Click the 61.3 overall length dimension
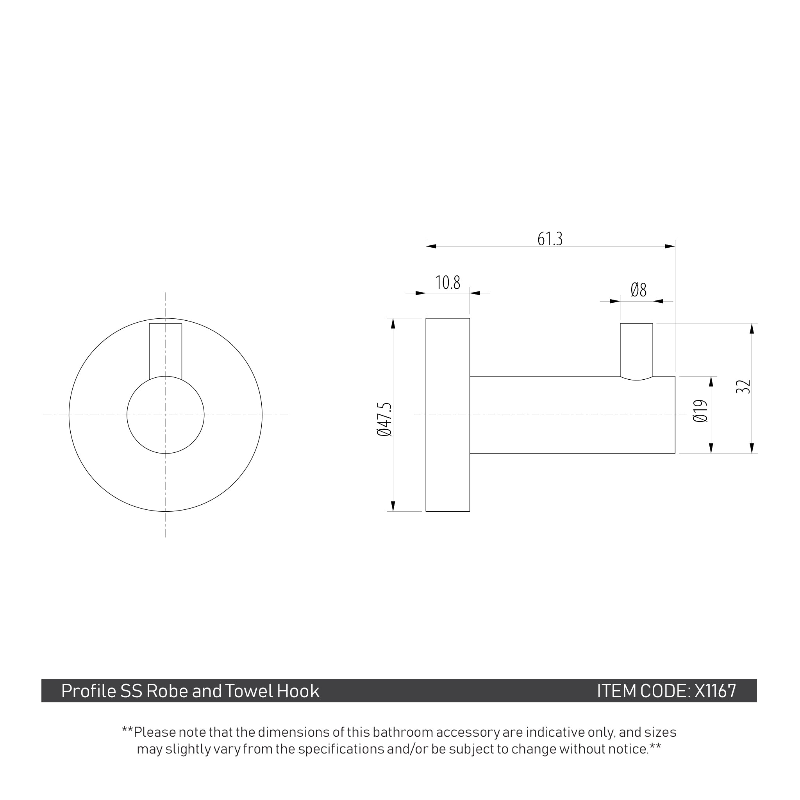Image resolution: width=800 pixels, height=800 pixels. click(550, 239)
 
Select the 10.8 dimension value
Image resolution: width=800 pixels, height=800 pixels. click(448, 283)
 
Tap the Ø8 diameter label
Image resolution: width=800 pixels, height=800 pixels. click(639, 290)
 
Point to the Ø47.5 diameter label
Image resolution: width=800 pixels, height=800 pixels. click(384, 419)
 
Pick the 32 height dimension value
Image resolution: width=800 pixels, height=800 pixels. click(744, 387)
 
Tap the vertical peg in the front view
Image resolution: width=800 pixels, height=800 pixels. click(166, 351)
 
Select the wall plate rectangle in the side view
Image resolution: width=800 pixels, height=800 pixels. click(448, 415)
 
